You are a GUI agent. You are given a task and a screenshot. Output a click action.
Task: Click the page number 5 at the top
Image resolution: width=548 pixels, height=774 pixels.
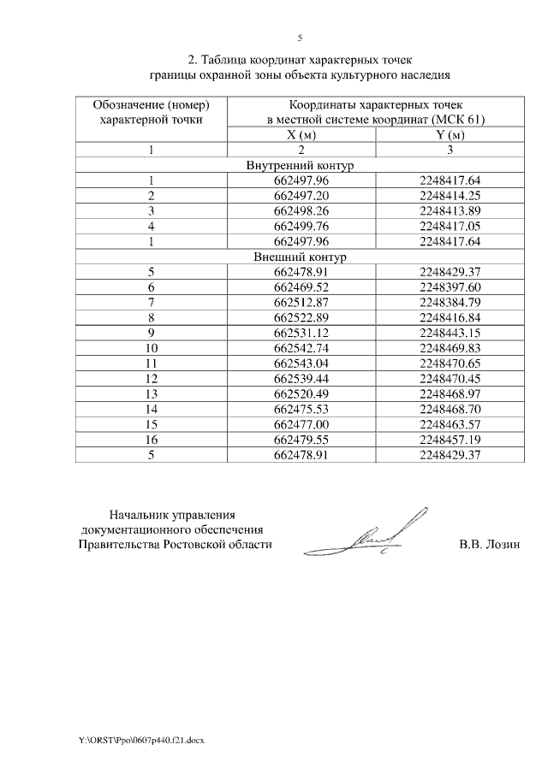tap(300, 38)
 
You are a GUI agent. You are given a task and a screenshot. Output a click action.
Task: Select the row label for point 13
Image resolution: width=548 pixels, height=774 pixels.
tap(151, 394)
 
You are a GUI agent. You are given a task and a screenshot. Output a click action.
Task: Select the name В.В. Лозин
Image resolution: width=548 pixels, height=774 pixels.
tap(489, 545)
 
